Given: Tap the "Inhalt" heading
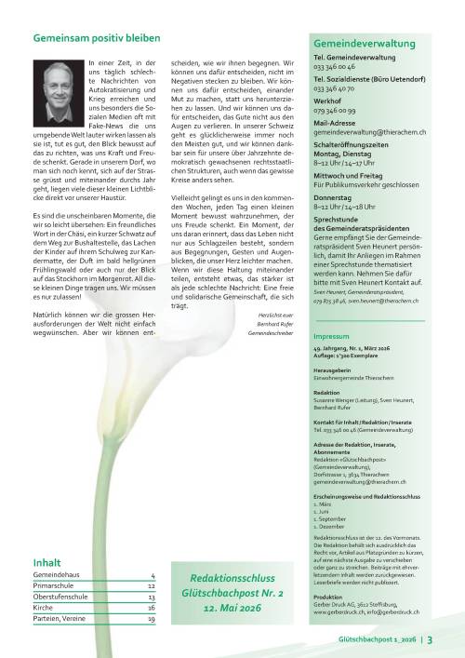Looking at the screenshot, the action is pos(46,562).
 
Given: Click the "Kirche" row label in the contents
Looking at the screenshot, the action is pos(43,608).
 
